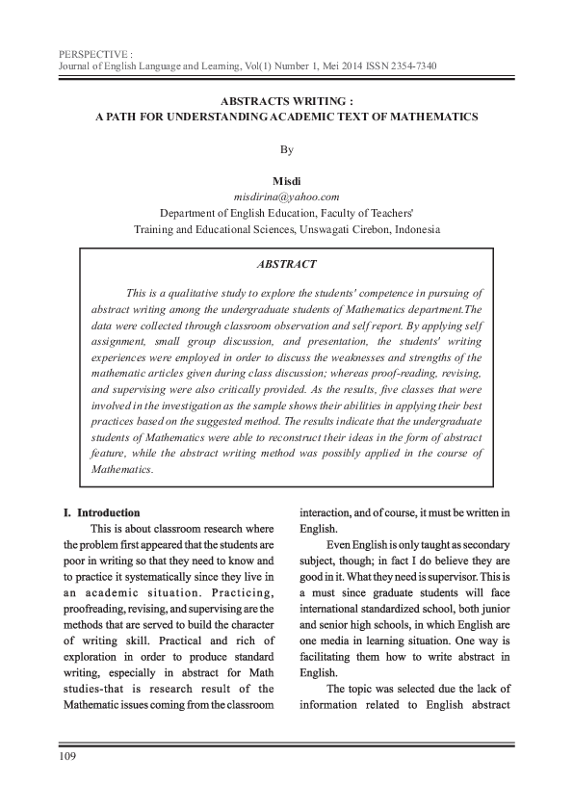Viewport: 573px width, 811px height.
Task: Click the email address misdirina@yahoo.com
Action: pyautogui.click(x=287, y=196)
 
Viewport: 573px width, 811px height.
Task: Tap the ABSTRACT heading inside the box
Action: pyautogui.click(x=285, y=262)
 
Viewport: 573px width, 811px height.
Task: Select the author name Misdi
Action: pyautogui.click(x=286, y=181)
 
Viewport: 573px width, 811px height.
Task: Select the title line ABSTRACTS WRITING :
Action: pyautogui.click(x=286, y=99)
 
